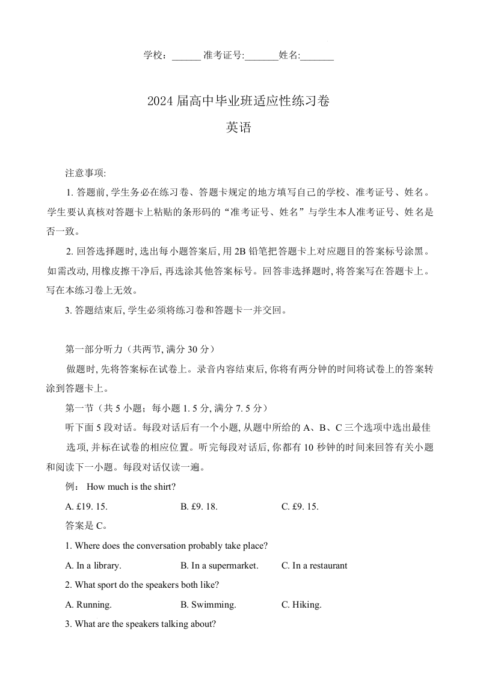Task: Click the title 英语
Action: [238, 128]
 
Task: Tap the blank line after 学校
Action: [186, 56]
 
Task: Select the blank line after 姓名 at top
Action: [317, 56]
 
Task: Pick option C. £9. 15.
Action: [300, 507]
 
